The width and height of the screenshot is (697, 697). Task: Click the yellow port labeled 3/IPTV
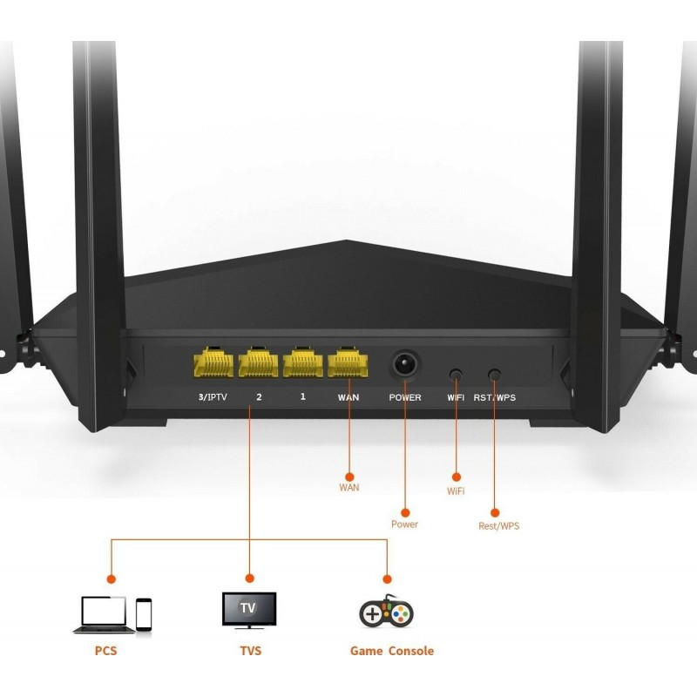(x=213, y=362)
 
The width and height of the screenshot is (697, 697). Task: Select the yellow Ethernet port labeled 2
(x=258, y=362)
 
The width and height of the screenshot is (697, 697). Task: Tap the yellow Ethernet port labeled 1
(x=303, y=362)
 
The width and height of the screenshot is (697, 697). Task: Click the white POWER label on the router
(x=404, y=397)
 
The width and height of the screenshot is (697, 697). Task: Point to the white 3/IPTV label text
(x=213, y=397)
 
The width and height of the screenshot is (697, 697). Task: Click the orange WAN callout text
(x=348, y=487)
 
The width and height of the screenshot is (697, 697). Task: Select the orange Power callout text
(x=404, y=524)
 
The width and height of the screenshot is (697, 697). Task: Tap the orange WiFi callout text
(x=456, y=491)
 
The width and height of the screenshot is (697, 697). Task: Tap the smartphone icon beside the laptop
(x=144, y=613)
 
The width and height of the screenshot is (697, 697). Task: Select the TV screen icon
(x=249, y=609)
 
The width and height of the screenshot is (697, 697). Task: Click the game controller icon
(x=386, y=612)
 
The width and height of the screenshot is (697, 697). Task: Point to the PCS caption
(x=106, y=651)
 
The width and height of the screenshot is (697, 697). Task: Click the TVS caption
(x=250, y=651)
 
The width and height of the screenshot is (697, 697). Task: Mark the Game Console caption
(x=391, y=651)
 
